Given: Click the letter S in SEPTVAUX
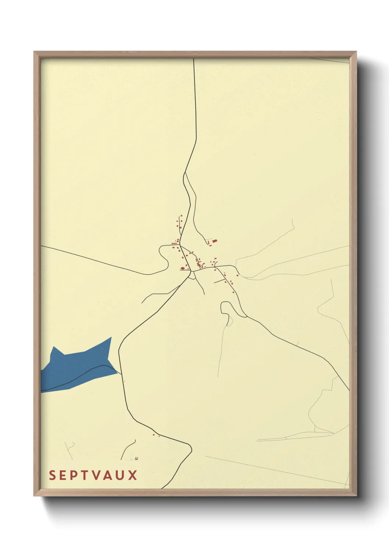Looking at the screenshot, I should (x=52, y=475).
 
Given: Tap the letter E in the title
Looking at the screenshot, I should (x=63, y=475).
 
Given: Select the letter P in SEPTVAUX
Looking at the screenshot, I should (x=74, y=475).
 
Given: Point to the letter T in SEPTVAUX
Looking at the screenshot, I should (x=84, y=475).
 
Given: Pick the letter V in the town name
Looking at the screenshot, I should (x=96, y=475).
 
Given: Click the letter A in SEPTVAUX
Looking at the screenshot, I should (x=108, y=475).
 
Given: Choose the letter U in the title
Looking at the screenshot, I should (x=120, y=475).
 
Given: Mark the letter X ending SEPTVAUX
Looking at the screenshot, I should (x=132, y=475).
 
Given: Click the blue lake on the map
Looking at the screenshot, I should (x=77, y=368).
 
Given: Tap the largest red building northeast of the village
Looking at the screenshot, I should (x=215, y=241).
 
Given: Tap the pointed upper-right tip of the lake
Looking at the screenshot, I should (x=111, y=337).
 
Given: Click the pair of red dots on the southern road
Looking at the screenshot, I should (x=156, y=435).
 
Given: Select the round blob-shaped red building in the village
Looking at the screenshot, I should (x=182, y=268).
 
